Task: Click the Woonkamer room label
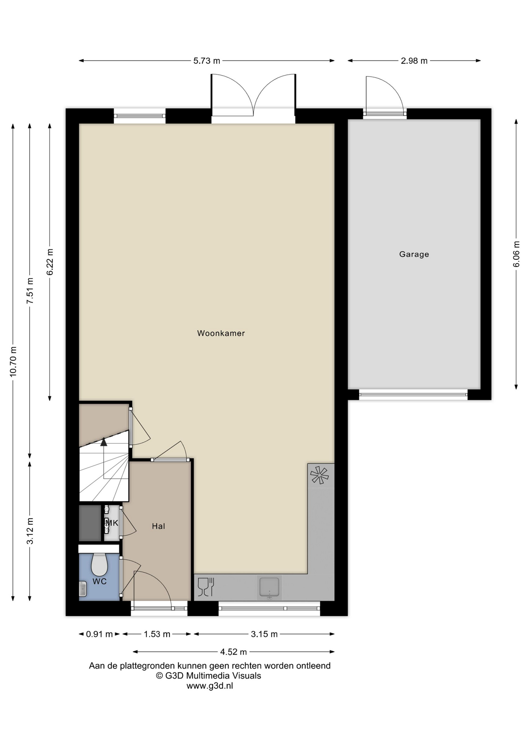pyautogui.click(x=221, y=333)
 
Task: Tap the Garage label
pyautogui.click(x=414, y=254)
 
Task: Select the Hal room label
pyautogui.click(x=159, y=526)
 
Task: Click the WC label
pyautogui.click(x=100, y=581)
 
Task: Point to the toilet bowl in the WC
pyautogui.click(x=99, y=565)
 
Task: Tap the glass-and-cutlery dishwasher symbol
pyautogui.click(x=206, y=587)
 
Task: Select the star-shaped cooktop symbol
pyautogui.click(x=319, y=475)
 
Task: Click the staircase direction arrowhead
pyautogui.click(x=104, y=442)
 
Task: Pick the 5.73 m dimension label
pyautogui.click(x=207, y=61)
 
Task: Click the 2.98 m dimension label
pyautogui.click(x=414, y=61)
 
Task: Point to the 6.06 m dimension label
pyautogui.click(x=517, y=254)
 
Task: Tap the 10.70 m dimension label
pyautogui.click(x=13, y=362)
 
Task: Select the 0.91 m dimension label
pyautogui.click(x=99, y=634)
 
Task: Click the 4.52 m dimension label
pyautogui.click(x=233, y=651)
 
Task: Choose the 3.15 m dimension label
pyautogui.click(x=264, y=634)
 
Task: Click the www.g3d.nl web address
pyautogui.click(x=210, y=686)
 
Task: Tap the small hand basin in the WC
pyautogui.click(x=83, y=589)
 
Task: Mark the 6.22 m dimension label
pyautogui.click(x=50, y=262)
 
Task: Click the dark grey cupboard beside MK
pyautogui.click(x=90, y=523)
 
